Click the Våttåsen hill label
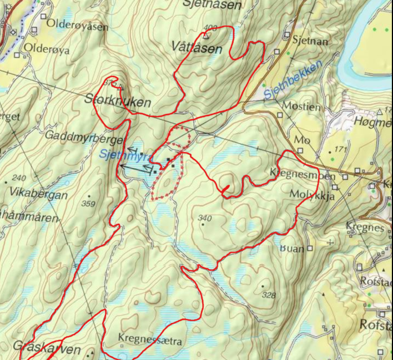(196, 48)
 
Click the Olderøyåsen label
(77, 24)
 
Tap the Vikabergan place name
(38, 195)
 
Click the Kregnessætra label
(149, 339)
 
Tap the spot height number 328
(268, 295)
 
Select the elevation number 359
(88, 204)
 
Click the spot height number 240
(18, 178)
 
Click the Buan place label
(292, 248)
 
